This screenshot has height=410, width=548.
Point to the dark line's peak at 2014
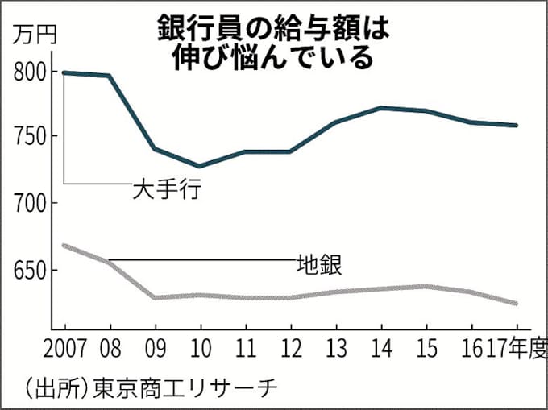click(x=380, y=107)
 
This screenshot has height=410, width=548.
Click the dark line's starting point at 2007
click(x=64, y=72)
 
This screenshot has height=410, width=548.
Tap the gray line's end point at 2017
click(x=516, y=304)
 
